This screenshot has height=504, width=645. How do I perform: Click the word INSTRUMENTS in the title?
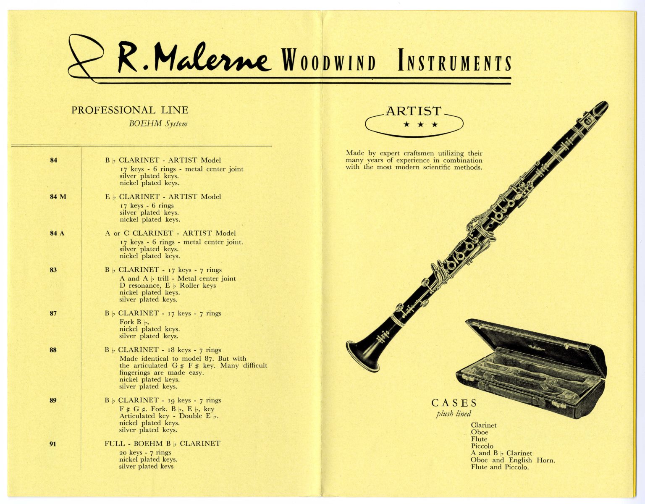point(454,61)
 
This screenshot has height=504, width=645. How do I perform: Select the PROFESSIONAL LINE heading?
point(130,110)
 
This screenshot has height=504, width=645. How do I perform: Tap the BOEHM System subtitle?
point(158,123)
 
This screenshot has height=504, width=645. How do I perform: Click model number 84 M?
point(58,197)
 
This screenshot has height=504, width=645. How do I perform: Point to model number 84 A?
point(57,233)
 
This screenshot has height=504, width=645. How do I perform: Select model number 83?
point(53,270)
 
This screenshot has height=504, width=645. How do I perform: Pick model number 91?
point(53,444)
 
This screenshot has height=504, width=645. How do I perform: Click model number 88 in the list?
point(53,350)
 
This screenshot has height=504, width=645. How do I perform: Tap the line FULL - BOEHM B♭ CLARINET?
point(162,444)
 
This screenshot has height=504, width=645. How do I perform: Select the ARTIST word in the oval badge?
point(414,111)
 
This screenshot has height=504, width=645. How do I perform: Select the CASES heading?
point(454,403)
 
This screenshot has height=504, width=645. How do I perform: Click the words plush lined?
point(454,414)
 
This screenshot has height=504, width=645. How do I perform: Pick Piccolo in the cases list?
point(482,446)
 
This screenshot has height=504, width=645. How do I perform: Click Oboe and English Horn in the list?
point(513,460)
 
